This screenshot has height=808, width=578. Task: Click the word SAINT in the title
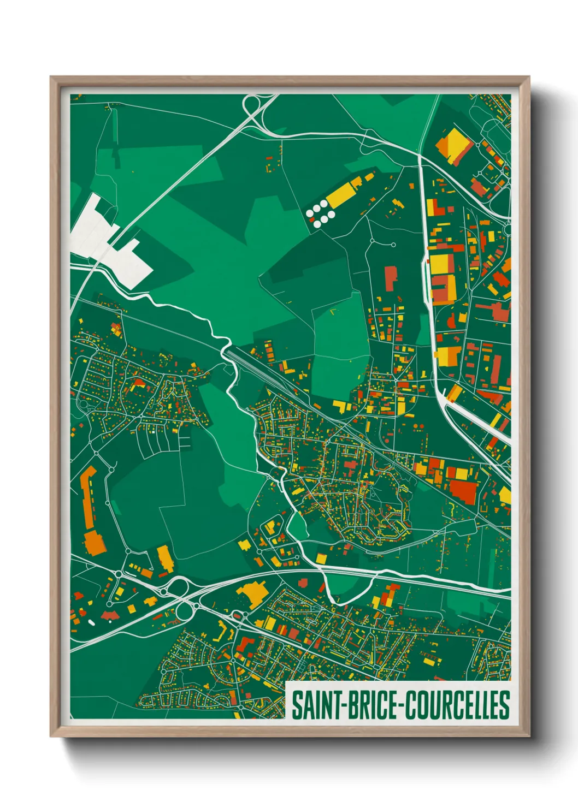(315, 705)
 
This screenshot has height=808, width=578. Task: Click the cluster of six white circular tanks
(320, 212)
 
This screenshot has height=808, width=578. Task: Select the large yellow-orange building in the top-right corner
(453, 145)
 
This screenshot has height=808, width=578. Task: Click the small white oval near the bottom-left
(91, 621)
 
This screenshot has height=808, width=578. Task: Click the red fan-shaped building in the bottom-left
(110, 616)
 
